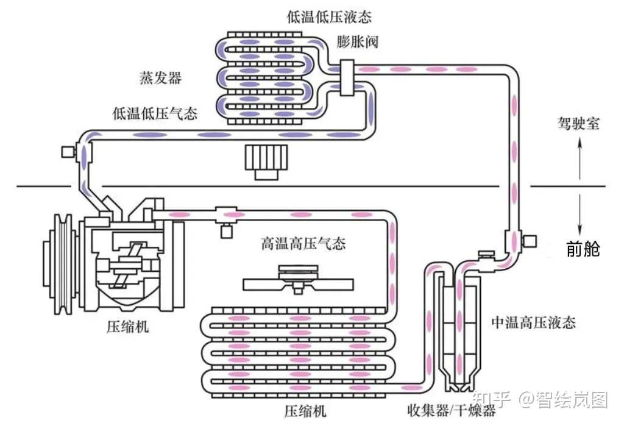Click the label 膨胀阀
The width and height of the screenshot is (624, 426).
(x=357, y=42)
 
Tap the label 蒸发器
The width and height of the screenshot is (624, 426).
(x=160, y=77)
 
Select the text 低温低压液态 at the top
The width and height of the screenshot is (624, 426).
(x=329, y=16)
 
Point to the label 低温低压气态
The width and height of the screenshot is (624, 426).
(x=155, y=113)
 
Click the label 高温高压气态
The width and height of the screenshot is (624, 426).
(x=303, y=243)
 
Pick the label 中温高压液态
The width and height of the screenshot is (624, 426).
(x=533, y=322)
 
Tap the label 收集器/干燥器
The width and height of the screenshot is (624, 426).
(x=452, y=410)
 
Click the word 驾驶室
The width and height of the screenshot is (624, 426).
(x=578, y=124)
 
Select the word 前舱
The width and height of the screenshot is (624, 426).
(x=583, y=249)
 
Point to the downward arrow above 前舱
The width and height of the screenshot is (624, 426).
(x=580, y=214)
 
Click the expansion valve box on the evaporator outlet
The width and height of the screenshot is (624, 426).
(x=347, y=78)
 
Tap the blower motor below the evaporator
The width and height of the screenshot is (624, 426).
(x=266, y=162)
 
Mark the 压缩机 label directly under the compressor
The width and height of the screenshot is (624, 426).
(x=127, y=327)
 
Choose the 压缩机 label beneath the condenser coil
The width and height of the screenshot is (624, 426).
(x=305, y=411)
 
